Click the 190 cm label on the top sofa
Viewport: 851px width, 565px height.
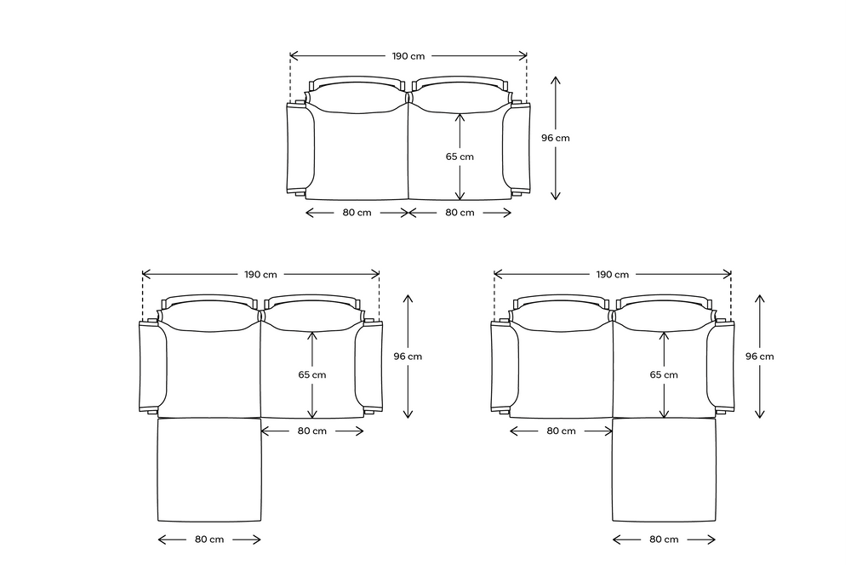(408, 56)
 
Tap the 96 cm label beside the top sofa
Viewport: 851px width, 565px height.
(555, 138)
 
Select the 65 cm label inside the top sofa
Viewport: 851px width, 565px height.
(460, 157)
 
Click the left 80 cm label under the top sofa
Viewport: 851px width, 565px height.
(357, 212)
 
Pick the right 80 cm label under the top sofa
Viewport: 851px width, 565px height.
(460, 212)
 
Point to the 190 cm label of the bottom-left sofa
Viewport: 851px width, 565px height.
(260, 274)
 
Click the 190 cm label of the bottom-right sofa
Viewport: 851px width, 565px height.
(612, 274)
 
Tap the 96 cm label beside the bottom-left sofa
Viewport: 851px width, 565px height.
(408, 356)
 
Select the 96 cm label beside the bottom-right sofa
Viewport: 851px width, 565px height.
(759, 356)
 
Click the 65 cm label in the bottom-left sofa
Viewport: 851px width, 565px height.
(312, 374)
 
